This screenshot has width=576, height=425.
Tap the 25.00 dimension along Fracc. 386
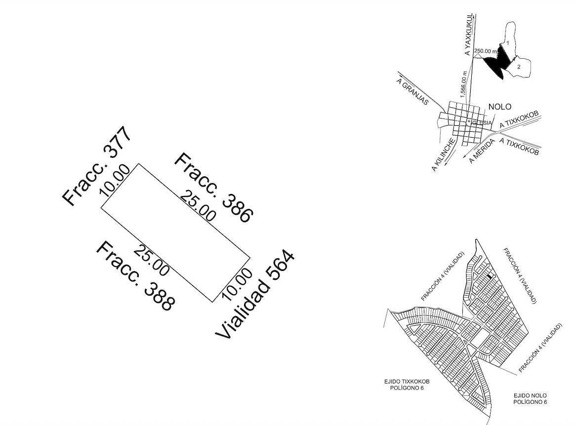[198, 206]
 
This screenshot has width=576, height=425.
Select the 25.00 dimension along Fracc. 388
[151, 260]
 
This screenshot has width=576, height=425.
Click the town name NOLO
[499, 107]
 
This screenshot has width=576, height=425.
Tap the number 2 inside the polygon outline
[519, 66]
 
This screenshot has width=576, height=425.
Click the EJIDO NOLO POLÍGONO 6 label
[530, 399]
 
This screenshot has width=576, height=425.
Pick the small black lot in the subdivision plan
[490, 277]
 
